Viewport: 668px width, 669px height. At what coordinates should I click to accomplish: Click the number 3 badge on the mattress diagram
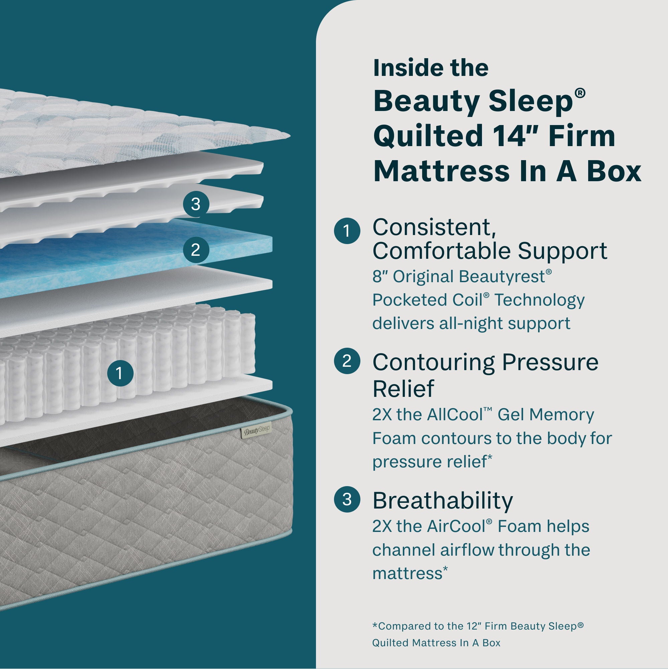click(196, 204)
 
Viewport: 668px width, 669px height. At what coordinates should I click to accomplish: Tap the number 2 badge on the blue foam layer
click(196, 250)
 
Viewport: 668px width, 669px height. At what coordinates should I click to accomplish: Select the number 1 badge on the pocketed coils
click(120, 373)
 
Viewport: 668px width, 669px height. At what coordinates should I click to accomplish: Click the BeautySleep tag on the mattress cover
click(256, 431)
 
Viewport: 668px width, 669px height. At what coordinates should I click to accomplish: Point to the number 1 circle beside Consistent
click(347, 231)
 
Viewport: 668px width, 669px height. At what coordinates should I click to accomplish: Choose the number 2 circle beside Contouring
click(347, 361)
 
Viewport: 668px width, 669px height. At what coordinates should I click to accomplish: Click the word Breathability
click(443, 501)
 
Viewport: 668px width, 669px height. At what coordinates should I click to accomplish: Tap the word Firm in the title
click(581, 136)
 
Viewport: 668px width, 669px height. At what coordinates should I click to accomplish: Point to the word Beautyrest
click(504, 277)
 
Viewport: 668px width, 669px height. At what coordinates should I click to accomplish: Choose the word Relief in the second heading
click(403, 389)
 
